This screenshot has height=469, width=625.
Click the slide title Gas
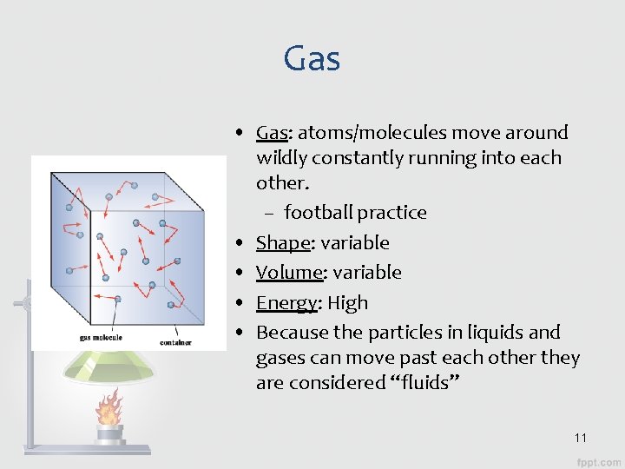tap(312, 59)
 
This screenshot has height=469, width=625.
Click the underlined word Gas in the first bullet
tap(272, 133)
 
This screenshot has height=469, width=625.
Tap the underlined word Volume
tap(289, 273)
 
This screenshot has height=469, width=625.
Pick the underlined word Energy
tap(286, 303)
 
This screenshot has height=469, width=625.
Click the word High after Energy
tap(348, 303)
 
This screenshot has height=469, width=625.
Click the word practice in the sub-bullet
tap(392, 213)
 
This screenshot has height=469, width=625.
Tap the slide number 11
tap(581, 438)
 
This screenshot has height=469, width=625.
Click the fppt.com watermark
tap(599, 459)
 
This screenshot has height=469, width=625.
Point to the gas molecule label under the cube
tap(101, 338)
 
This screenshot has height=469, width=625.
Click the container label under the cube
tap(175, 342)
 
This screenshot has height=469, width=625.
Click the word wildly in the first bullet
tap(280, 158)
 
